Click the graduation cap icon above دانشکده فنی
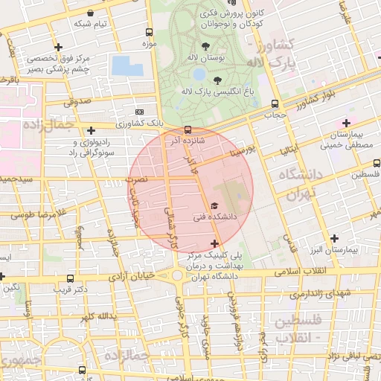click(x=215, y=205)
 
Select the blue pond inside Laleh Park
click(x=199, y=74)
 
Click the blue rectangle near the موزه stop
click(x=127, y=65)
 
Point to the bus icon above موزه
click(x=150, y=33)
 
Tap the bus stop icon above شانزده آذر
click(x=188, y=129)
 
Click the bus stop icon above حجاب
click(x=275, y=104)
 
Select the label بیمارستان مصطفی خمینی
click(x=346, y=140)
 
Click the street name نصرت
click(x=138, y=179)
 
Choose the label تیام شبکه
click(x=90, y=24)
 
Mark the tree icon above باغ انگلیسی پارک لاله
click(x=217, y=80)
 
